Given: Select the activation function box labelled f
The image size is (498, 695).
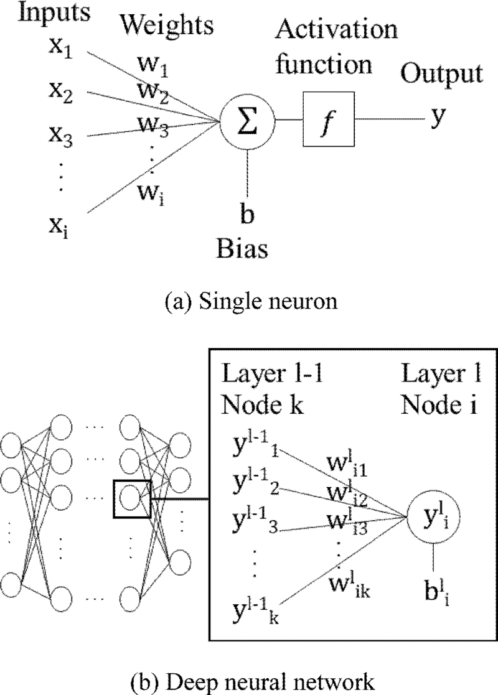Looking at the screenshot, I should [x=328, y=118].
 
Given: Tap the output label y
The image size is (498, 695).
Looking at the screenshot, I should [x=437, y=117].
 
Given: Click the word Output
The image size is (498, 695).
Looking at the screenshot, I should [x=441, y=75].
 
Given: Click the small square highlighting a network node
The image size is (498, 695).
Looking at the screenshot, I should [x=132, y=498].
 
